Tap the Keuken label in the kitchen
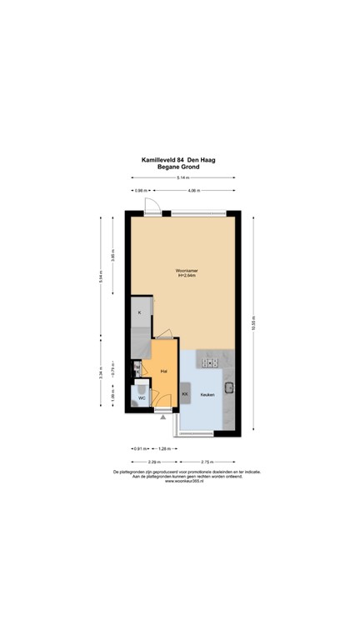point(207,394)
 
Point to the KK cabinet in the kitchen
point(186,393)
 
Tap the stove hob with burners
point(208,362)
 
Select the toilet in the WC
point(142,387)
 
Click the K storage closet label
point(140,312)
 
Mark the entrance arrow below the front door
point(162,417)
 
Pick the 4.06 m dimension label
point(192,192)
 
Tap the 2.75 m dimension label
point(206,462)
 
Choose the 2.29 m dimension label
point(154,462)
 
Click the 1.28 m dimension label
point(164,449)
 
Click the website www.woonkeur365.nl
point(182,481)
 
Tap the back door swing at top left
point(149,206)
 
